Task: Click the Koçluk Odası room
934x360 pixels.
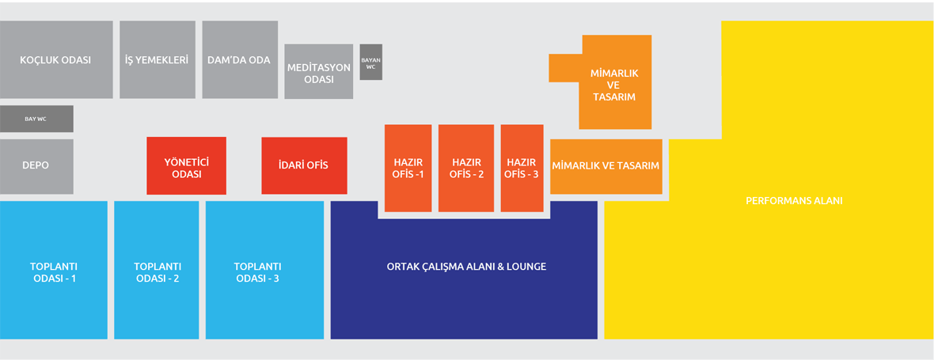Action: click(55, 60)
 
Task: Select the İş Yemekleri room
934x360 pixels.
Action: click(157, 60)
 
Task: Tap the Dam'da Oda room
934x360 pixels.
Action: click(239, 60)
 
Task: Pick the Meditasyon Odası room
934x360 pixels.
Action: click(318, 73)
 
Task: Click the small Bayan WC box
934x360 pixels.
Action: click(370, 63)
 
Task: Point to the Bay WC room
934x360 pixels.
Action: click(36, 119)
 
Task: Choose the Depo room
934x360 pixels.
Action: click(36, 166)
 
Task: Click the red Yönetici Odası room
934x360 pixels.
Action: click(186, 166)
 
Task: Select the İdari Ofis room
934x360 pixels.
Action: click(304, 166)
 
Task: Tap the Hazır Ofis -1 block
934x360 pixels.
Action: click(408, 168)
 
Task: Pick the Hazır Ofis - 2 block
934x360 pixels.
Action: click(466, 168)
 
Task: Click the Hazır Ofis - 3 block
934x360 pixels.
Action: click(522, 168)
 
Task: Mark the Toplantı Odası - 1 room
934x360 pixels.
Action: click(53, 271)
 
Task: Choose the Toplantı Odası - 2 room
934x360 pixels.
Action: click(157, 271)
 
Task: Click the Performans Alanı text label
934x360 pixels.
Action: click(794, 201)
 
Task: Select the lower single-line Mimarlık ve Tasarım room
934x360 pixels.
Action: click(606, 166)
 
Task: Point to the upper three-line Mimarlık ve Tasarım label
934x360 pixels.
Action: click(614, 85)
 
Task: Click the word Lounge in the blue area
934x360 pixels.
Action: click(525, 267)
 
